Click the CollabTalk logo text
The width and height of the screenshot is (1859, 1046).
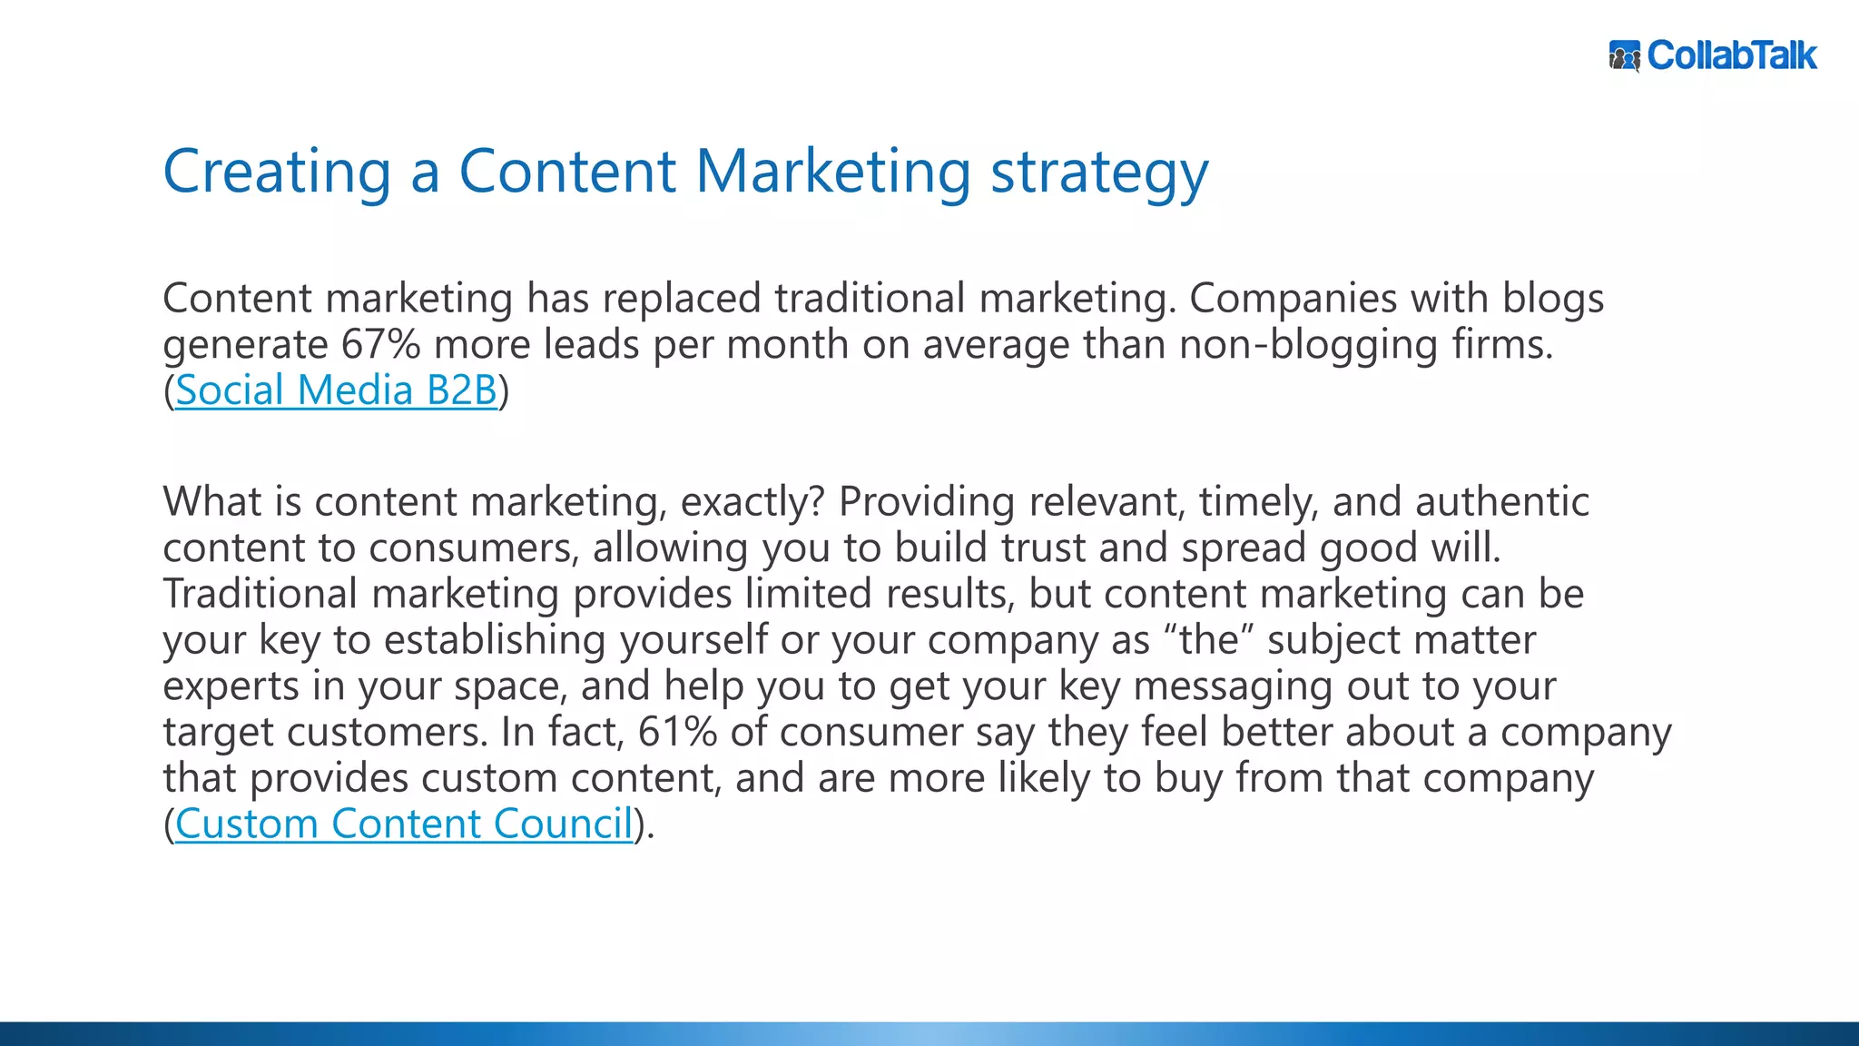point(1732,56)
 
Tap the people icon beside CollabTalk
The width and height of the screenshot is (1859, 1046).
point(1625,56)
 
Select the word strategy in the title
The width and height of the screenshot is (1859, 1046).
point(1099,173)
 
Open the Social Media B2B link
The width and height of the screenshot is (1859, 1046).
point(336,390)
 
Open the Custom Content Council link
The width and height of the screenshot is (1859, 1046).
point(404,824)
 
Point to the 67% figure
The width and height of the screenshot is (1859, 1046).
point(380,345)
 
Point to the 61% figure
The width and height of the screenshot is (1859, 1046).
point(677,732)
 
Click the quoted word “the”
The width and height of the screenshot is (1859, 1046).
point(1209,640)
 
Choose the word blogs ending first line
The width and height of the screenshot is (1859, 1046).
point(1553,299)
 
